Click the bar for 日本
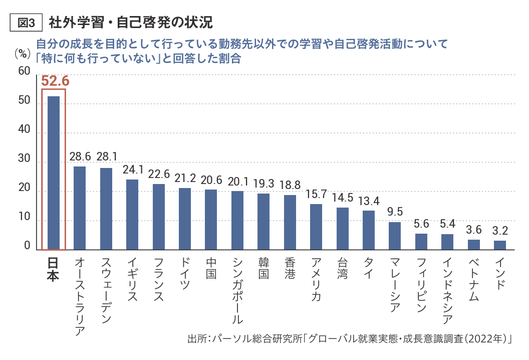(x=54, y=172)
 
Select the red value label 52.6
(x=55, y=81)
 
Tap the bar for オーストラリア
(x=80, y=208)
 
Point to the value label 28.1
(x=106, y=157)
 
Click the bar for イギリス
(x=132, y=214)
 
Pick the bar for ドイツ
(x=185, y=219)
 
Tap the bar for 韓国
(x=263, y=221)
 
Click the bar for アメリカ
(x=316, y=227)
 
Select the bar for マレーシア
(x=395, y=236)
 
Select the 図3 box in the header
(x=26, y=23)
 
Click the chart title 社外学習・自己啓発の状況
(x=131, y=23)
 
